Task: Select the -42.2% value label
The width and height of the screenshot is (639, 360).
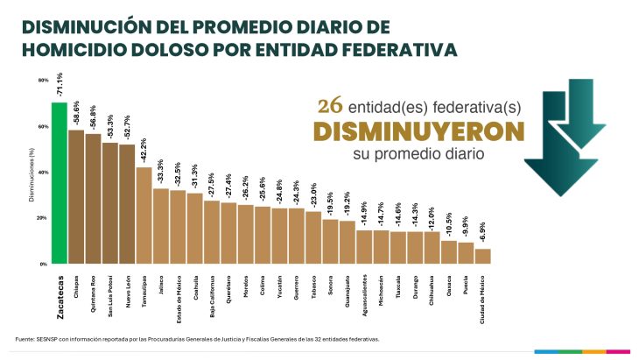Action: (144, 148)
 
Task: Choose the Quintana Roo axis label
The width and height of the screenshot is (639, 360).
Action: (93, 288)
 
